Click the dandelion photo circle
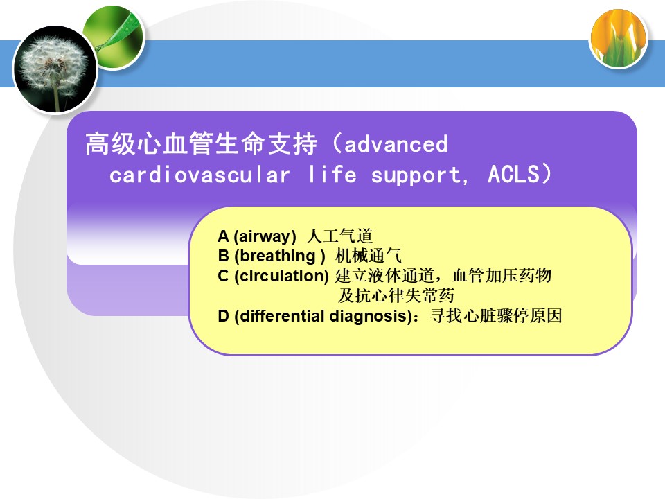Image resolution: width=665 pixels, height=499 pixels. click(x=55, y=69)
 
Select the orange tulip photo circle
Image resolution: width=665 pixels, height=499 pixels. click(x=619, y=39)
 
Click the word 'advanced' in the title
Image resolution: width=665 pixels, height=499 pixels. click(x=396, y=144)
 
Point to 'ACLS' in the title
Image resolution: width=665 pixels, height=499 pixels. click(x=513, y=174)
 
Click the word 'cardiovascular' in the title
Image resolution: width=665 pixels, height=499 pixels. click(x=199, y=175)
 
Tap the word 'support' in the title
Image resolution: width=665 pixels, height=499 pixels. click(x=416, y=175)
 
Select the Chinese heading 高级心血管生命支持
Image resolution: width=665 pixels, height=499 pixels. click(x=201, y=143)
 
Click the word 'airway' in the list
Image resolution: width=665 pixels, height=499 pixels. click(x=265, y=236)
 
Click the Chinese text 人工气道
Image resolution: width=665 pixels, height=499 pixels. click(x=339, y=236)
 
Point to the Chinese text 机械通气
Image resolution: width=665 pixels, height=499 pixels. click(x=368, y=256)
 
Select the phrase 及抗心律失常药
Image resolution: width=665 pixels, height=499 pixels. click(x=396, y=296)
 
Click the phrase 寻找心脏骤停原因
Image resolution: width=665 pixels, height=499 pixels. click(x=496, y=316)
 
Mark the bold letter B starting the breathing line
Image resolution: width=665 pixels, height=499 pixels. click(x=224, y=256)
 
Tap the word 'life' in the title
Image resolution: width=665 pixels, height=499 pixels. click(x=332, y=174)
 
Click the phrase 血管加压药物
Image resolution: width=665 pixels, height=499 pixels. click(x=502, y=276)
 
